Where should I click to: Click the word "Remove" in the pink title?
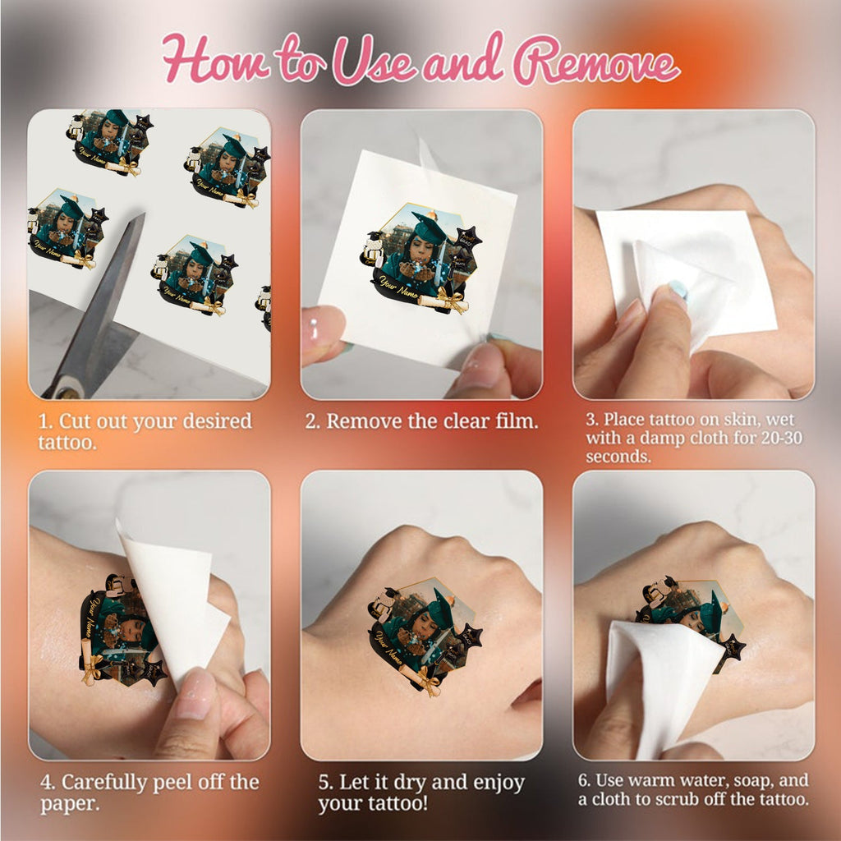coord(596,60)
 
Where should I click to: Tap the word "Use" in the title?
coord(374,60)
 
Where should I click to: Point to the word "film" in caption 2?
coord(516,421)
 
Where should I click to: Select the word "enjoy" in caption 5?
coord(499,783)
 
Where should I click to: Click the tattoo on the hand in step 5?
coord(425,635)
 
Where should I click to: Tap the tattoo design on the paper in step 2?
coord(420,256)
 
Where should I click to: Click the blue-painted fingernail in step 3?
coord(678,290)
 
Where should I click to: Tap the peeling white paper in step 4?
coord(172,600)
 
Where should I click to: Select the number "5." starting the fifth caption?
coord(325,782)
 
